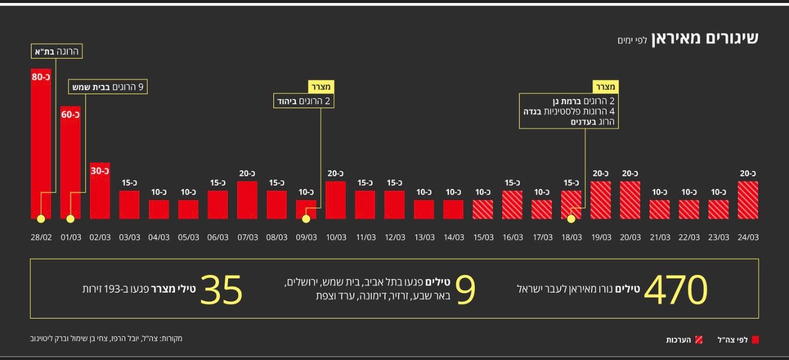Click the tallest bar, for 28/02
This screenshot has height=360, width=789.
(x=41, y=144)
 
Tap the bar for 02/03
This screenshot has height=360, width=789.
(x=100, y=190)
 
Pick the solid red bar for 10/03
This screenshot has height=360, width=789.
(x=335, y=200)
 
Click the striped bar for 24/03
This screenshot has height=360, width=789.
(x=748, y=200)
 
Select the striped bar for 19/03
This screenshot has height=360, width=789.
(x=601, y=200)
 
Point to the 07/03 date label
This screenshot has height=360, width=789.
(x=247, y=237)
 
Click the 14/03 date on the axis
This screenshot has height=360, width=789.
(x=453, y=237)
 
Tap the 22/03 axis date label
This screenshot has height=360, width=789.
(x=689, y=237)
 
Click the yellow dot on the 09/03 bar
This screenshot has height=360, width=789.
(x=306, y=219)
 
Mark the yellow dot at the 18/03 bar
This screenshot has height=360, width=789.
(x=571, y=219)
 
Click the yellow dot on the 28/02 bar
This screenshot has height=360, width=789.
(x=41, y=219)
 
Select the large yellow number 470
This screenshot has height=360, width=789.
(x=675, y=290)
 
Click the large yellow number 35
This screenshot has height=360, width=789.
(x=221, y=290)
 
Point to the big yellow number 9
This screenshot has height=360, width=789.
(x=465, y=290)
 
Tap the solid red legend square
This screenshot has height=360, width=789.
(x=755, y=340)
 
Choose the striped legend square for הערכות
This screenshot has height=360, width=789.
(x=699, y=340)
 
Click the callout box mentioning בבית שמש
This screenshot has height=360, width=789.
(x=108, y=87)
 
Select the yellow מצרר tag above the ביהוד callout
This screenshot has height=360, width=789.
(x=321, y=87)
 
